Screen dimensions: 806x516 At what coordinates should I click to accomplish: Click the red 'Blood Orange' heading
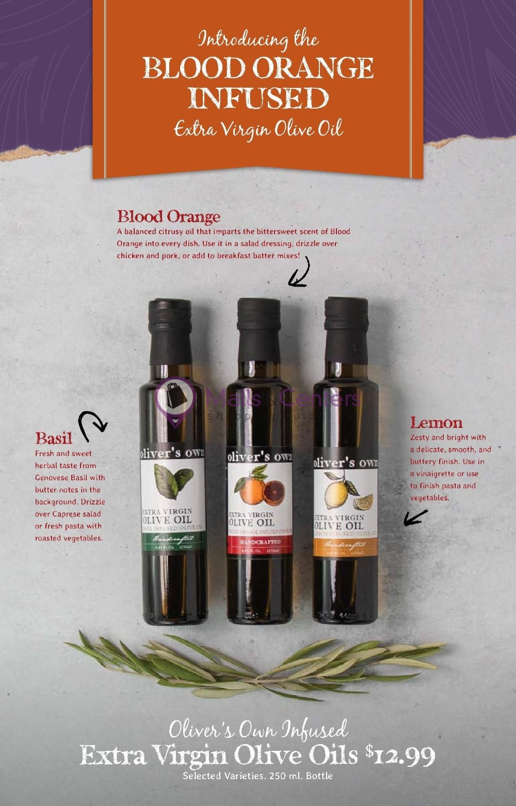point(169,217)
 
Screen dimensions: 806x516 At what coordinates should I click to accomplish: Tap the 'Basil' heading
point(54,438)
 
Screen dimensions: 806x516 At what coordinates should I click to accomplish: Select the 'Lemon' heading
point(436,423)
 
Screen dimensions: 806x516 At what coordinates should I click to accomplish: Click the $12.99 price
point(400,756)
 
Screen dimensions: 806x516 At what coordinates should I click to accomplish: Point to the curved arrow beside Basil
point(91,425)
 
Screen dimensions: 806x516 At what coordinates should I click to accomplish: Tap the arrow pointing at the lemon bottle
point(415,517)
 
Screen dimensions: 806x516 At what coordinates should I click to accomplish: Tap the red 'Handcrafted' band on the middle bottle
point(260,542)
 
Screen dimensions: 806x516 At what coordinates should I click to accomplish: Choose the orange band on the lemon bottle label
point(345,545)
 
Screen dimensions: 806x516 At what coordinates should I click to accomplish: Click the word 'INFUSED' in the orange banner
point(258,98)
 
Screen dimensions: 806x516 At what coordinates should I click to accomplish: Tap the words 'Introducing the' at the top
point(258,40)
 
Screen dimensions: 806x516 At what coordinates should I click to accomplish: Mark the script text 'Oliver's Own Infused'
point(258,730)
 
